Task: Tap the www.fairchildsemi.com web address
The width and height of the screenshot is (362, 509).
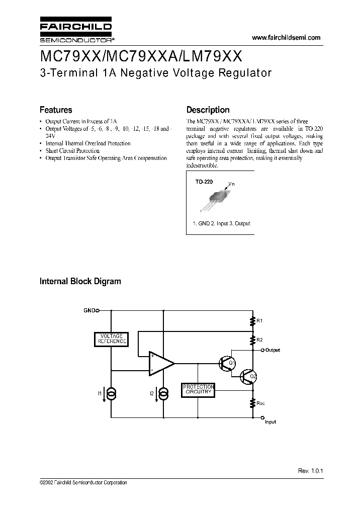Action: coord(285,38)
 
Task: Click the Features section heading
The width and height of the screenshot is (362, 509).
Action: coord(56,110)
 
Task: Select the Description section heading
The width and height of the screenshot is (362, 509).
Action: coord(208,110)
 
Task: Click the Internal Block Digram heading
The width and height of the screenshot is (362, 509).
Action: coord(80,281)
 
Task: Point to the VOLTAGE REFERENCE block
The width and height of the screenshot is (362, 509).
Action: coord(112,339)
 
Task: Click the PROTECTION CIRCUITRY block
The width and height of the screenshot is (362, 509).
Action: coord(199,389)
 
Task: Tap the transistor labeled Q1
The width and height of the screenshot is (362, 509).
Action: coord(226,363)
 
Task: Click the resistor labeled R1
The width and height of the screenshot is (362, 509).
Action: coord(252,320)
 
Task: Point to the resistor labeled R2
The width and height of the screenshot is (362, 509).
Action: coord(252,341)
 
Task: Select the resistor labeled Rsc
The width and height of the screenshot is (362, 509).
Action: coord(252,402)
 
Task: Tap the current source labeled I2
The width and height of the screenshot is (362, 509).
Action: coord(163,392)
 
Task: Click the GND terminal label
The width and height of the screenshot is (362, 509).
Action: coord(89,311)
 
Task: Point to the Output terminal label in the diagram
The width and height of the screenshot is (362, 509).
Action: coord(273,350)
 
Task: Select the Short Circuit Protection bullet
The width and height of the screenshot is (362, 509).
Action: coord(72,150)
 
